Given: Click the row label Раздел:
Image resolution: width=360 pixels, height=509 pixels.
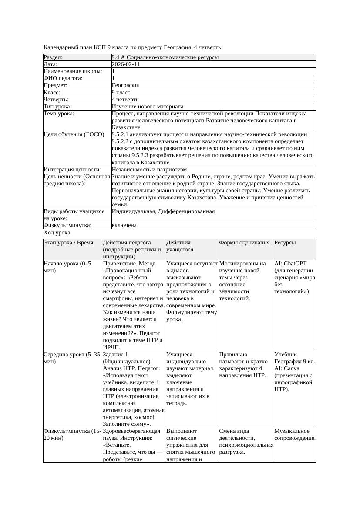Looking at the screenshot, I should (x=53, y=57).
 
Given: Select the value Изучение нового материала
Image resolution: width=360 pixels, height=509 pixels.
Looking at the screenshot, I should (x=147, y=107).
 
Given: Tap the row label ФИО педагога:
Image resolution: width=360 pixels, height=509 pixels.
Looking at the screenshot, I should (x=63, y=78).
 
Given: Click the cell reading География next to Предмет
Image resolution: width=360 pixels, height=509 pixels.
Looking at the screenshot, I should (x=125, y=85).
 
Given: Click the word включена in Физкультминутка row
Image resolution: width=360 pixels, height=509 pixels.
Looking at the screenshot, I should (x=124, y=225).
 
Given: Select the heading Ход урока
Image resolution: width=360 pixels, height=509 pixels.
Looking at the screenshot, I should (x=57, y=233).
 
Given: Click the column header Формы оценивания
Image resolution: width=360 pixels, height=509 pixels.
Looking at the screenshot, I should (x=244, y=243).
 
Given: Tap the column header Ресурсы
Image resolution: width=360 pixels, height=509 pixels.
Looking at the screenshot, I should (x=285, y=243).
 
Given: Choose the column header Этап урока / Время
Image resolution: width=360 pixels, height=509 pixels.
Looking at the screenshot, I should (x=68, y=243).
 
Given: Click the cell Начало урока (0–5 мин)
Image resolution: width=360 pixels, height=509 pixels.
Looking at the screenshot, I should (x=67, y=267).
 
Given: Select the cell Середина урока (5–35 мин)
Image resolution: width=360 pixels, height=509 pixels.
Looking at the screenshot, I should (x=71, y=358).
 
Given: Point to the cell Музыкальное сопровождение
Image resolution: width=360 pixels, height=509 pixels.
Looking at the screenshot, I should (x=295, y=434).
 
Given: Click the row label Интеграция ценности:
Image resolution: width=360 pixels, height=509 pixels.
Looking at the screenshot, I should (x=72, y=170).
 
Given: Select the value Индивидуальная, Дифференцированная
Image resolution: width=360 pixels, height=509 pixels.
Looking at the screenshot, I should (x=163, y=211).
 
